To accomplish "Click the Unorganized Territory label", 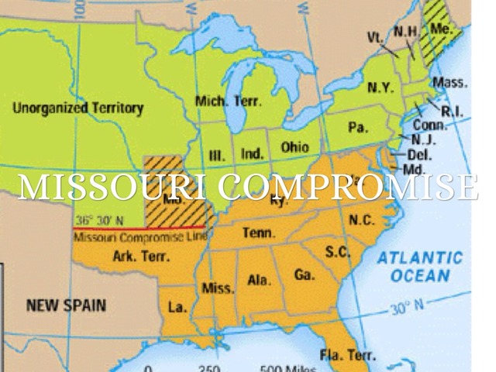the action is (77, 108).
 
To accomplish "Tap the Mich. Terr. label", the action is (229, 102).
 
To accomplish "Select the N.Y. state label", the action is (380, 88).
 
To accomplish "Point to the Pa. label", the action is (357, 127).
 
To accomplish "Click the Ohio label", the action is (294, 147).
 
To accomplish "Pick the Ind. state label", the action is (252, 154).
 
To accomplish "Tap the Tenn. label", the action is (256, 232).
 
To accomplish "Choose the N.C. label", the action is (362, 221).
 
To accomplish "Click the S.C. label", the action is (338, 252).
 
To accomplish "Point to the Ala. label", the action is (258, 280).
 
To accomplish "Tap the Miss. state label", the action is (218, 288).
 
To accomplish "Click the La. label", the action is (177, 308).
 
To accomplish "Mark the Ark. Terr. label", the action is (137, 256).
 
